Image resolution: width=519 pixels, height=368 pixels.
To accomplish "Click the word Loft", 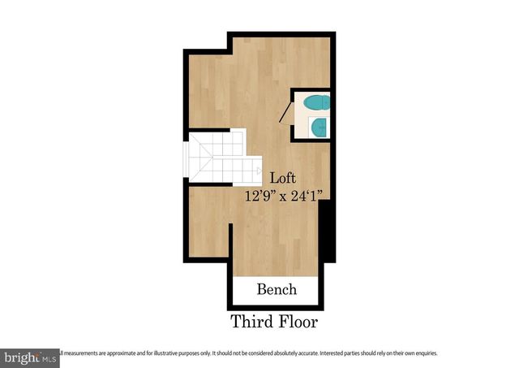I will (x=283, y=178).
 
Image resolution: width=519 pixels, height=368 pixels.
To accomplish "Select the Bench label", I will (x=277, y=289).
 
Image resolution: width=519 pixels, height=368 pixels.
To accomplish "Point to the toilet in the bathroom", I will (x=315, y=102).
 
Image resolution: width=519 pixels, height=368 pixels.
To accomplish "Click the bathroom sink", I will (x=320, y=127).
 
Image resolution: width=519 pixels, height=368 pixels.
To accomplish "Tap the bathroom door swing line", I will (x=286, y=111).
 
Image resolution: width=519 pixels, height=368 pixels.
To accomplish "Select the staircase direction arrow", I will (x=258, y=171).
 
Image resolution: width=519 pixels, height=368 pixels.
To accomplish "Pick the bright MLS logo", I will (x=30, y=357).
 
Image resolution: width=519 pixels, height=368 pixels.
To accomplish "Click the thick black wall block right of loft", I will (x=328, y=232).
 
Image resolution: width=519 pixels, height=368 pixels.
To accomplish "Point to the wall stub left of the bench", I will (x=232, y=252).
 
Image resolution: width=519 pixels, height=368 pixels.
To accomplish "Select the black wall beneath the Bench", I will (x=277, y=307).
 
